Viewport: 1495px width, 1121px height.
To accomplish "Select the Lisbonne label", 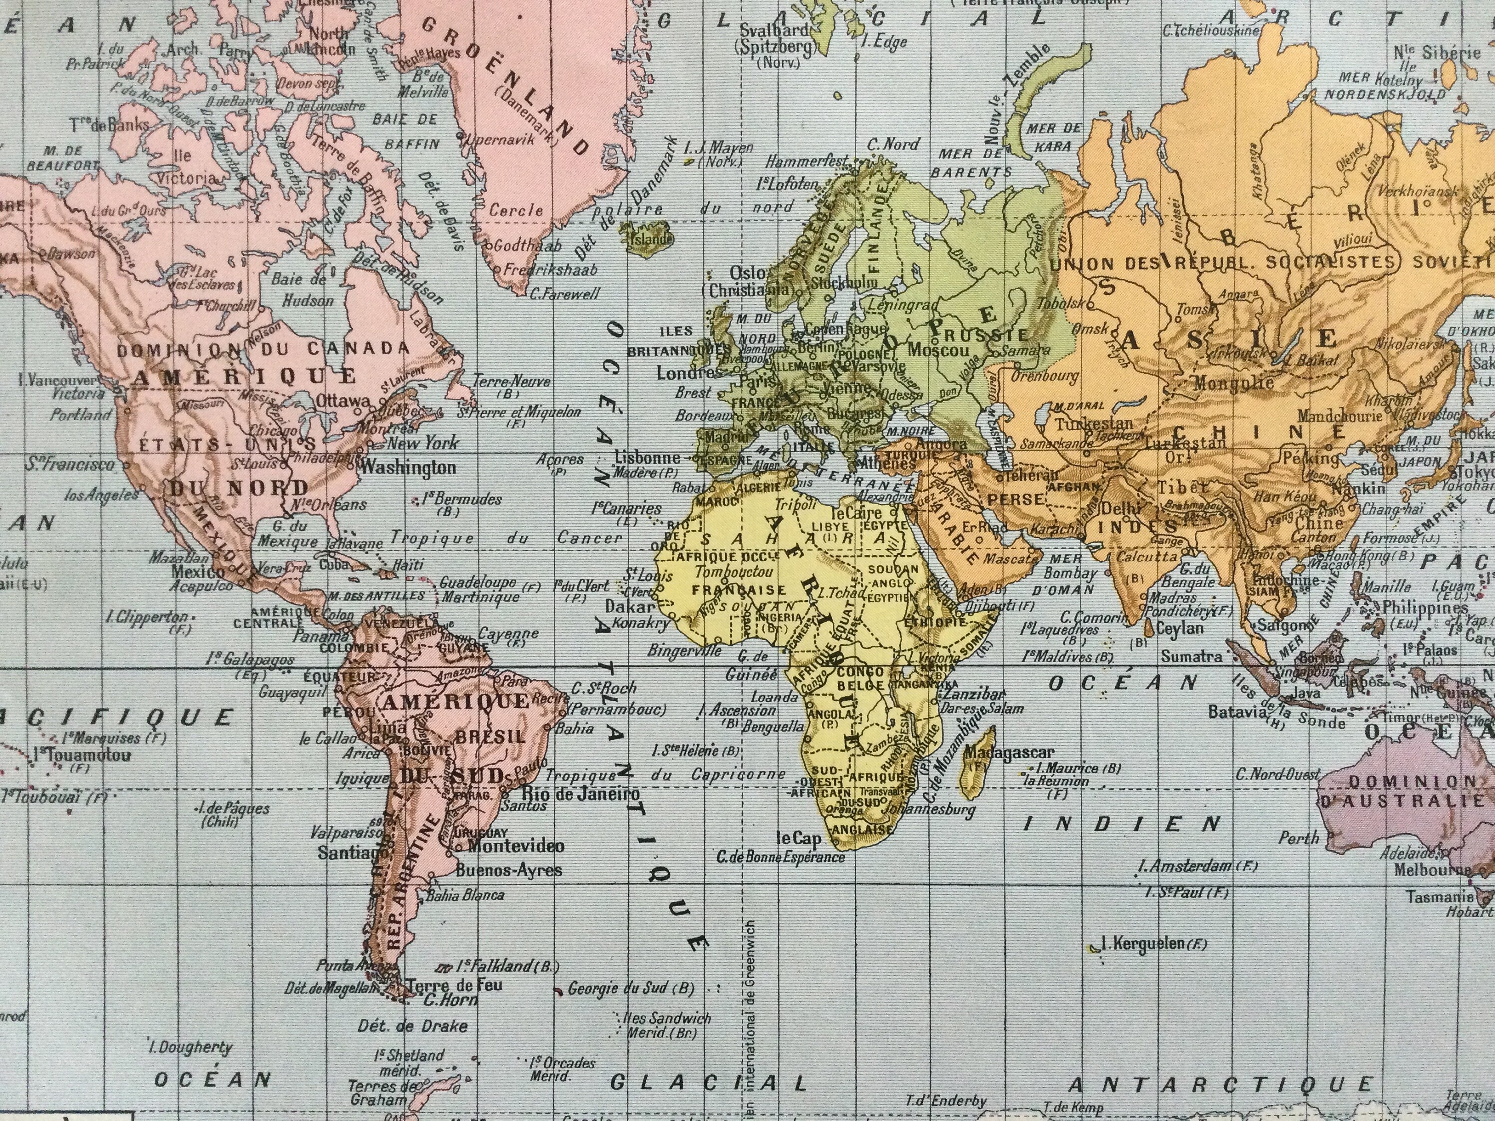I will click(647, 457).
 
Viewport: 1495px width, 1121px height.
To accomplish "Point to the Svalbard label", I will click(774, 30).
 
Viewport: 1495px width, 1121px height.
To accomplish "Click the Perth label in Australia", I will click(1298, 838).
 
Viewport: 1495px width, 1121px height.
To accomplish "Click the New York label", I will click(423, 443).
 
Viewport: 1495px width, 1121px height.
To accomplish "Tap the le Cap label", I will click(798, 839).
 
